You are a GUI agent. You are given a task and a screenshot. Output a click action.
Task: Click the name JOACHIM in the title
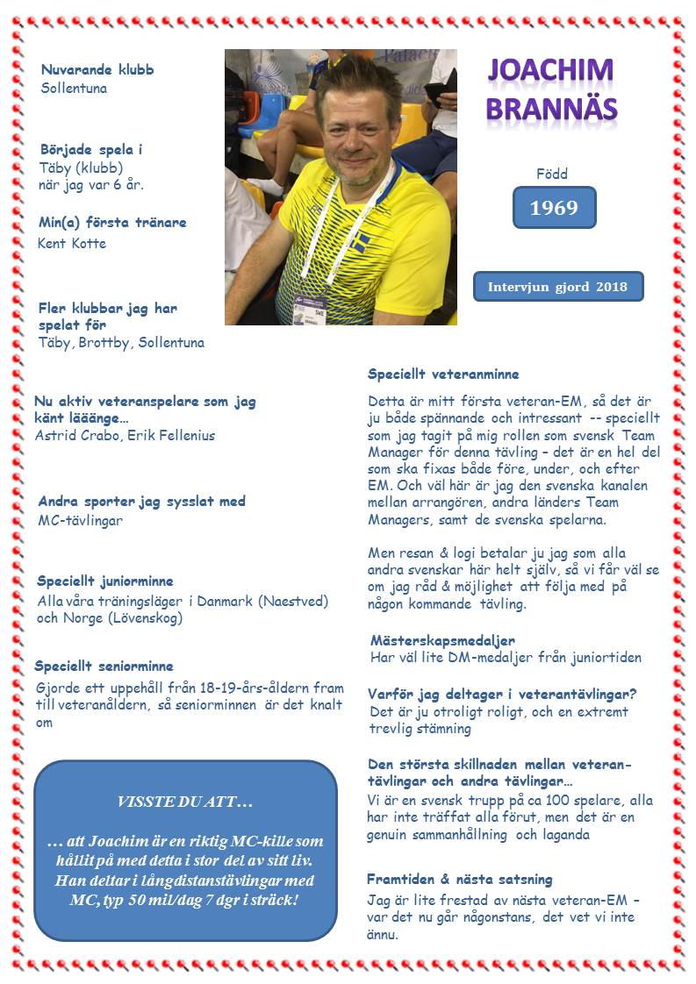[x=550, y=71]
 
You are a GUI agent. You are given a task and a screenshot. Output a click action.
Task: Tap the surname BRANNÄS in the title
[x=551, y=108]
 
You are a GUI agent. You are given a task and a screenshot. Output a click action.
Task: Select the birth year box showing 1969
[x=554, y=208]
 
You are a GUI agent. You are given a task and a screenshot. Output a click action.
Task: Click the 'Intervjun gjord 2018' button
[x=557, y=287]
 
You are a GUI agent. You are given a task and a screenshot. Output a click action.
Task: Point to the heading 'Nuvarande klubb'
[x=97, y=69]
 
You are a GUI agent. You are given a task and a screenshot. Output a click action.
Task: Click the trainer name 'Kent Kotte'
[x=72, y=243]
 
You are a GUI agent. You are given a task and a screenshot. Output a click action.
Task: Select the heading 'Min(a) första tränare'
[x=112, y=222]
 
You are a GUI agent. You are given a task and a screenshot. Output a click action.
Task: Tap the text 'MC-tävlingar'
[x=80, y=520]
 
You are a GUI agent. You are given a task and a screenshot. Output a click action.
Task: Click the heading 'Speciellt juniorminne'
[x=104, y=581]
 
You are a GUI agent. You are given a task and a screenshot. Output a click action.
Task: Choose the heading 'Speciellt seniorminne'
[x=104, y=666]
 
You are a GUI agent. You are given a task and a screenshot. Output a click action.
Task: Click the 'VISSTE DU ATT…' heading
[x=184, y=802]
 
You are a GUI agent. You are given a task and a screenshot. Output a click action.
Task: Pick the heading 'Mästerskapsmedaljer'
[x=442, y=640]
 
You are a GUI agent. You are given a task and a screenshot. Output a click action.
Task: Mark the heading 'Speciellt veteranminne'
[x=443, y=374]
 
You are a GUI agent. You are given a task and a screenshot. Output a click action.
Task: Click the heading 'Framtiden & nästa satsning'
[x=459, y=879]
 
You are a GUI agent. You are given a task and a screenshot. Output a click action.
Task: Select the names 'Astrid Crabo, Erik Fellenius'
[x=125, y=435]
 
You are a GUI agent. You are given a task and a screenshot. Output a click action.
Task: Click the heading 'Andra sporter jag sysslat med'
[x=141, y=502]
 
